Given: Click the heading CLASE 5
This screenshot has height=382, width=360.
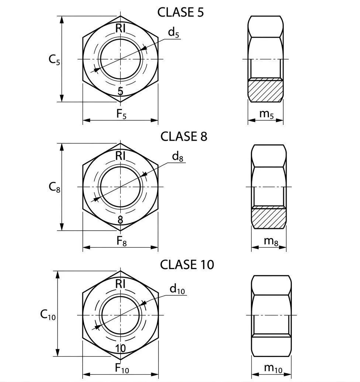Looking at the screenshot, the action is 180,12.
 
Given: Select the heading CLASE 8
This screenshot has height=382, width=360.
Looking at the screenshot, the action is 184,137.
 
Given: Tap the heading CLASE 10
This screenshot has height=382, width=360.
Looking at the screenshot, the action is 187,265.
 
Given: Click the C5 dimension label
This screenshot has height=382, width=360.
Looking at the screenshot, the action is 54,60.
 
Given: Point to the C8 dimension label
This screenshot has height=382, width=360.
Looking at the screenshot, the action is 54,187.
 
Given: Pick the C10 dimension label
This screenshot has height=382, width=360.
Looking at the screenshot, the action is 48,315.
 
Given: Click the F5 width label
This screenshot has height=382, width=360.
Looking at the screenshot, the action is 121,114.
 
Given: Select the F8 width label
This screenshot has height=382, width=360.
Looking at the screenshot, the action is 122,241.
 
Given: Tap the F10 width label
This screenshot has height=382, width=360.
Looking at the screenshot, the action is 122,368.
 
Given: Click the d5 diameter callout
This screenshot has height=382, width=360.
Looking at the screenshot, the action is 174,32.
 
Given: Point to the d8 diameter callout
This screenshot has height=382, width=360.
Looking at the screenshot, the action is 177,156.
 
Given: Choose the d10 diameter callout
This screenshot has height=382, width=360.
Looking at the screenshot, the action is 177,289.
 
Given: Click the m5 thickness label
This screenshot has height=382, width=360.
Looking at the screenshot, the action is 267,114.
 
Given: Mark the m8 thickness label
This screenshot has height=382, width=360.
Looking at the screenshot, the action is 271,241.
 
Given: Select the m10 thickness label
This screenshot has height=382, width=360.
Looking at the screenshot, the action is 273,369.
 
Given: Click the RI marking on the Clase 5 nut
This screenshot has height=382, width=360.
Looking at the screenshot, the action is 121,28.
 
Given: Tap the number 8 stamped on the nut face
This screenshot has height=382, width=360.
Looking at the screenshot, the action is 120,220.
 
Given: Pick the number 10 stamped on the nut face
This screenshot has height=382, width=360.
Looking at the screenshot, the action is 121,348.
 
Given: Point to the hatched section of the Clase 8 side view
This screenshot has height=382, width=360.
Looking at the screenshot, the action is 269,217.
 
